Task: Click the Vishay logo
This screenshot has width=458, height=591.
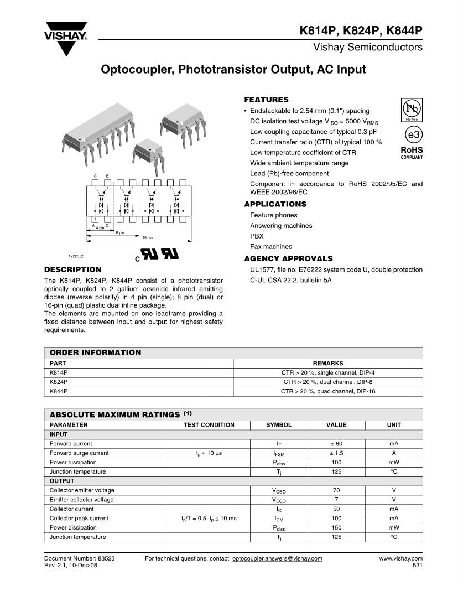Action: (x=66, y=38)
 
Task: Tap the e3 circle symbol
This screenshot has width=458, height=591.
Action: (x=412, y=135)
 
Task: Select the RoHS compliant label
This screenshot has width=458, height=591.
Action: (x=412, y=152)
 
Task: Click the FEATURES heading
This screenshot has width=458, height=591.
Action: (x=267, y=100)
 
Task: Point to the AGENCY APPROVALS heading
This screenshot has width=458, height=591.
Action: (x=288, y=258)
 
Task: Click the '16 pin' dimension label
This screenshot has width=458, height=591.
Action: (x=147, y=237)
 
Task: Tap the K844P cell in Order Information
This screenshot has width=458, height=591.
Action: (x=59, y=391)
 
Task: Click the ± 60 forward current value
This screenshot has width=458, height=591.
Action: (x=336, y=444)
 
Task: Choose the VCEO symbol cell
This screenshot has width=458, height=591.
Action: (x=279, y=491)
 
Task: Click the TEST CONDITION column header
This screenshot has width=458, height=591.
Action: (x=209, y=425)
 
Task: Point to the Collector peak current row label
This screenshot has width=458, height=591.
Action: (x=79, y=519)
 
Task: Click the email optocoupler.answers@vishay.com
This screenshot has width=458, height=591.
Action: (x=277, y=558)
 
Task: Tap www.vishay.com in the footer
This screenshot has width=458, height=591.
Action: (x=400, y=558)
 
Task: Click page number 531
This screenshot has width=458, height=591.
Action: (x=417, y=566)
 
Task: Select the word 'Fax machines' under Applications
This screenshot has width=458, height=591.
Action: (x=271, y=247)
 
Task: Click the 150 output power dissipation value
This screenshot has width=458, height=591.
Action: (x=336, y=528)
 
